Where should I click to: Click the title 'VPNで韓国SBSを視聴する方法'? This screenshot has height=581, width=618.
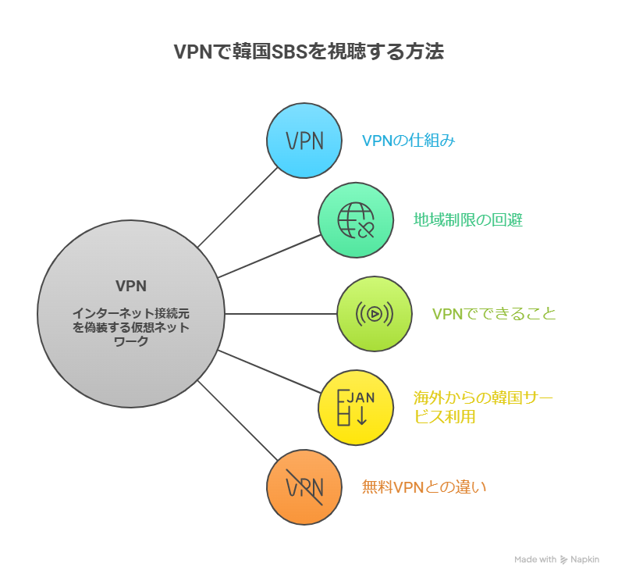[308, 52]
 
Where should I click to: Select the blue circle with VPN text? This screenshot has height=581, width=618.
[304, 140]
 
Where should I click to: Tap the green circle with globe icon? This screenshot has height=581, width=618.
[355, 220]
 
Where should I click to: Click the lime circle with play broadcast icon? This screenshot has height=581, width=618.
[374, 314]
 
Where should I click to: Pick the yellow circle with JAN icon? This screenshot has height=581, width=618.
[355, 408]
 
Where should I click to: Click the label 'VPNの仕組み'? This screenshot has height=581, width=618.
[408, 141]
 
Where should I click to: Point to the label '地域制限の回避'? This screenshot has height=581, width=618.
[467, 220]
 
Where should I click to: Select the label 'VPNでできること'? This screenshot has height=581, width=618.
[494, 314]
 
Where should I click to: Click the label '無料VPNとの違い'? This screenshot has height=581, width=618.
[424, 487]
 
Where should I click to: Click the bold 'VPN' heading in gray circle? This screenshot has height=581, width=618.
[131, 285]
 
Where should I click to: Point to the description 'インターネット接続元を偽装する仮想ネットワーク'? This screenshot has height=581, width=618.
[131, 326]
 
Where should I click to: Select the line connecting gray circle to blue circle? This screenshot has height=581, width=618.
[238, 207]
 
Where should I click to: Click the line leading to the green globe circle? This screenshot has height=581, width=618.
[269, 256]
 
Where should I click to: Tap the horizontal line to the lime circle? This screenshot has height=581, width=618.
[281, 314]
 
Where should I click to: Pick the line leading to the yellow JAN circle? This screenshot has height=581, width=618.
[269, 372]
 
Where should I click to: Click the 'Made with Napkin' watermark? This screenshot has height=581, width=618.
[556, 559]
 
